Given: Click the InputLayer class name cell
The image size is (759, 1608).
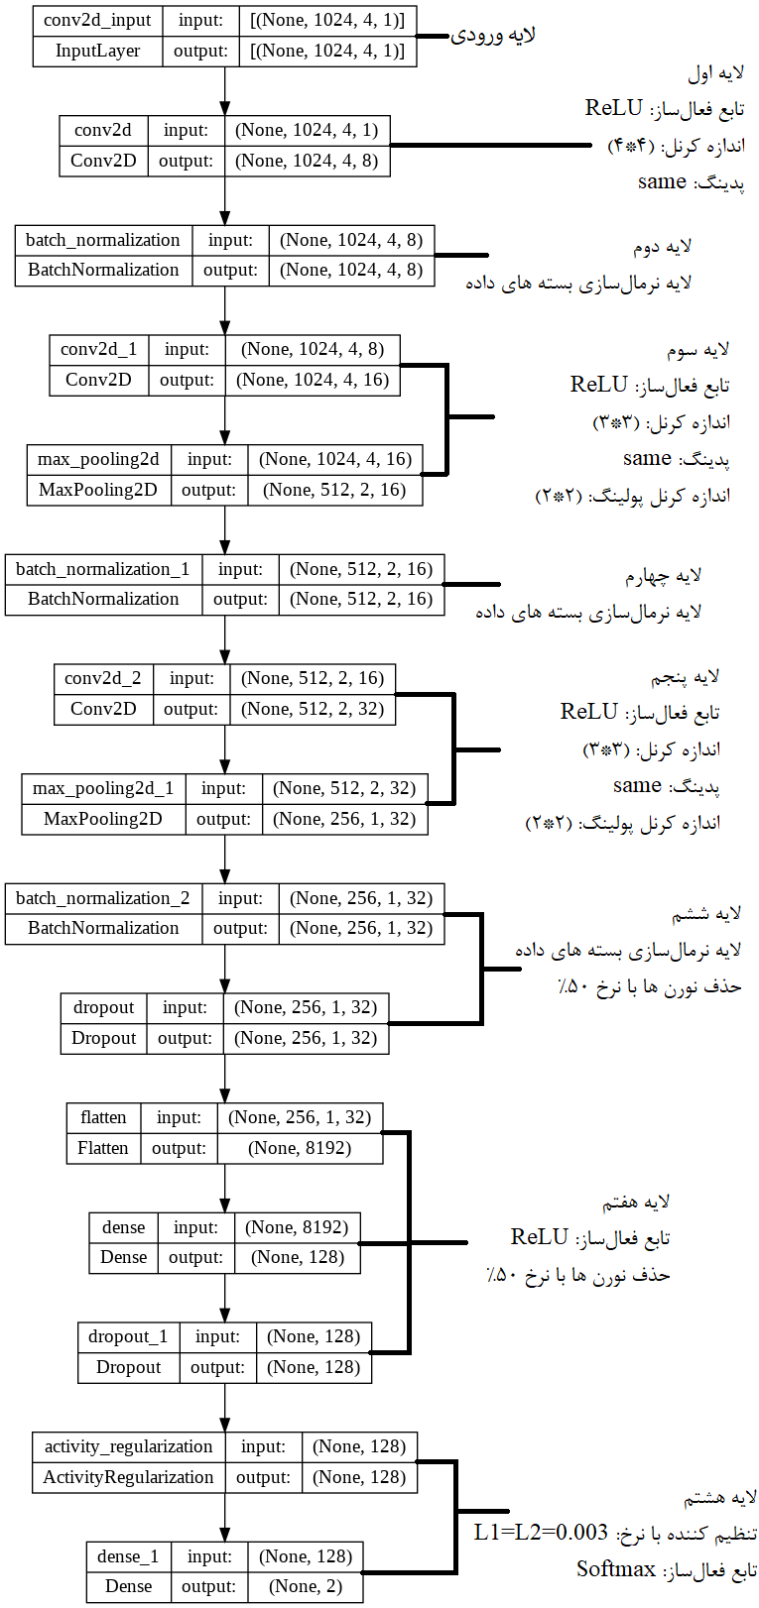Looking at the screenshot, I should pos(97,52).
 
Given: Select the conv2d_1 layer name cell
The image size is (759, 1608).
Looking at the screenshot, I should pos(98,349).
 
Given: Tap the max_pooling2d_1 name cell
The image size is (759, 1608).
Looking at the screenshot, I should pos(103,788).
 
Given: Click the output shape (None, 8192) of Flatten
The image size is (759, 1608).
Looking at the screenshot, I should pos(300,1148).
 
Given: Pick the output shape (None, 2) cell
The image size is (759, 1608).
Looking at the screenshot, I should pos(306,1586).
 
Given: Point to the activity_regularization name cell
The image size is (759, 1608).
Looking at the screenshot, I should pos(128,1446).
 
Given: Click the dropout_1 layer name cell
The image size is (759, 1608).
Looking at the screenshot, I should pos(128,1336).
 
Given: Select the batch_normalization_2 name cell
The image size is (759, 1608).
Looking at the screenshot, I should pos(103,898).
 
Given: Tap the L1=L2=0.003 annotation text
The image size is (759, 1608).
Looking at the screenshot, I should pos(541,1533).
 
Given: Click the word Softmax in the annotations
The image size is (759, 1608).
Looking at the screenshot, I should pos(616,1569).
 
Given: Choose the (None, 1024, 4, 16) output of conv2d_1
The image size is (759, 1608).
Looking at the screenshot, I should pos(313,380).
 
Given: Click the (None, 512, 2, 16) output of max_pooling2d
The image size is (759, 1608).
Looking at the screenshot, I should pos(334,490).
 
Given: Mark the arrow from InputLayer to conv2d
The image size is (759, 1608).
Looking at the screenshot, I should pos(225,91).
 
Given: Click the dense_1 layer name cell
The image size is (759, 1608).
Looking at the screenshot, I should pos(128,1556).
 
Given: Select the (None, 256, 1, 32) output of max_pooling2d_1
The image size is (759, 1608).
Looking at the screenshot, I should pos(344,819).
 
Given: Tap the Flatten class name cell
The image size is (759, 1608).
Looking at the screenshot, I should pos(103,1148).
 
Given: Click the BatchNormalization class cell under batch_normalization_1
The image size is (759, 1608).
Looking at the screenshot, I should pos(103,599).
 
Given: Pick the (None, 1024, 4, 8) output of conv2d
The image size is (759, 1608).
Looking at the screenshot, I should pos(307,161).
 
